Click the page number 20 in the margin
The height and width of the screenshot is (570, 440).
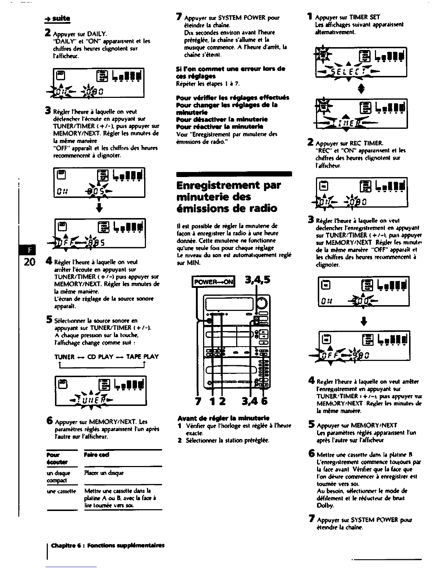(x=29, y=261)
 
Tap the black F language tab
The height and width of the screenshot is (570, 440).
(x=29, y=248)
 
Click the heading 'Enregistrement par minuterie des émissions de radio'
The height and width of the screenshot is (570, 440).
(x=227, y=197)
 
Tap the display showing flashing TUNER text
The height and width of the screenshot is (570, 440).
(x=100, y=390)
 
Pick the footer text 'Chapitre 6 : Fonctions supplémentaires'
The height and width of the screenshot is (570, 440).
(x=108, y=545)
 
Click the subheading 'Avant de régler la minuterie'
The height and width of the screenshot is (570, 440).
(x=223, y=419)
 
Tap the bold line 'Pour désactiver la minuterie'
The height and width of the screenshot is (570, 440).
(x=222, y=119)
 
